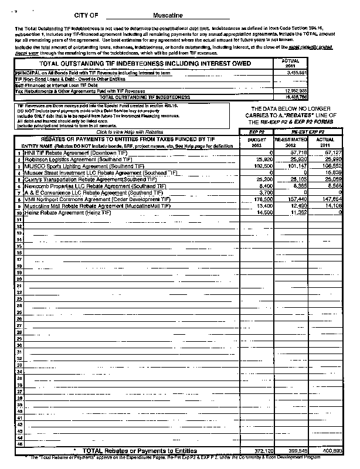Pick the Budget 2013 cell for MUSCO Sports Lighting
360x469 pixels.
[x=256, y=166]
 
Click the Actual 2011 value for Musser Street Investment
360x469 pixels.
[x=333, y=172]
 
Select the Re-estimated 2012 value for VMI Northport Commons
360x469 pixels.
[x=295, y=199]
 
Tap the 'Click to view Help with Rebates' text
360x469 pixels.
[x=125, y=132]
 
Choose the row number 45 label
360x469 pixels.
[x=19, y=443]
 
